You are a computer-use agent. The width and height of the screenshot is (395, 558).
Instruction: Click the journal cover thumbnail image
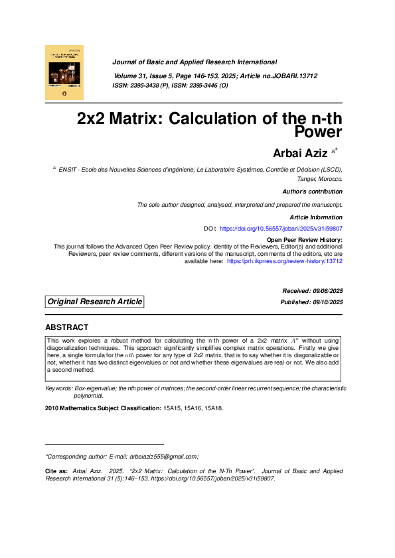[x=64, y=72]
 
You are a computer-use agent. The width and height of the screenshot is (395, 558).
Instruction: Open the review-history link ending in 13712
[x=285, y=261]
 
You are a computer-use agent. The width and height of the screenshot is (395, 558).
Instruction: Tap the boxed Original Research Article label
[x=94, y=302]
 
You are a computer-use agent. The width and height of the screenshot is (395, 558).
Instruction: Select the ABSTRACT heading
[x=66, y=327]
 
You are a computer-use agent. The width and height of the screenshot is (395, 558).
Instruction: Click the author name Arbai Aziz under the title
[x=300, y=154]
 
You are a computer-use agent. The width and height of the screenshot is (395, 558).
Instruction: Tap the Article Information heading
[x=316, y=217]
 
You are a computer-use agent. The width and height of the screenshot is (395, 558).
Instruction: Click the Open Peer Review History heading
[x=304, y=239]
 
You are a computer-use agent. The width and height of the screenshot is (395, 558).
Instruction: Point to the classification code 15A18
[x=212, y=408]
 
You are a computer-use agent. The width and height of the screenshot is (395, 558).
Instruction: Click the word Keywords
[x=58, y=388]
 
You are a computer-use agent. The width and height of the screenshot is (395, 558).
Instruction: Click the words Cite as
[x=56, y=471]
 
